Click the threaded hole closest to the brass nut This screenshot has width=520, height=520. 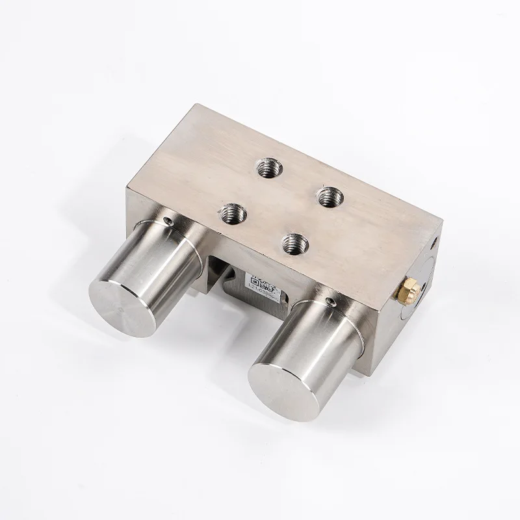[330, 194]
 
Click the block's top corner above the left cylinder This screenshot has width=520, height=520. [128, 187]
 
